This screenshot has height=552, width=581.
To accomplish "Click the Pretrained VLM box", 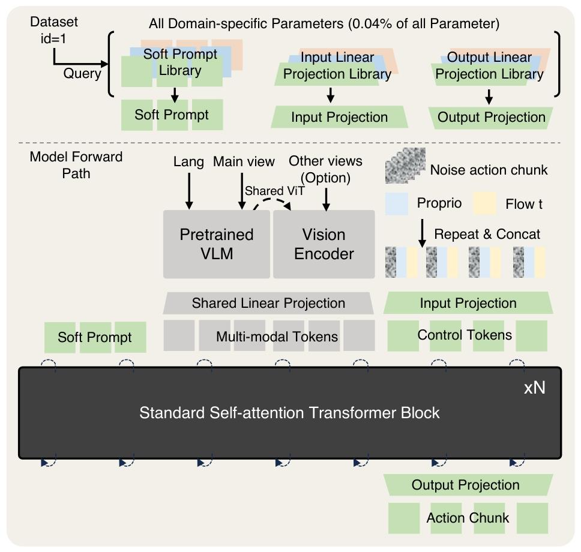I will (217, 244).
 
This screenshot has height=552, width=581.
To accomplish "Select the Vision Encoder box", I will (324, 244).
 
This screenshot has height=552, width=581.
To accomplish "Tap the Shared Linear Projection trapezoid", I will (268, 304).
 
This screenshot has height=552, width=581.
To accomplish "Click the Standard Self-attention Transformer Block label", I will (289, 413).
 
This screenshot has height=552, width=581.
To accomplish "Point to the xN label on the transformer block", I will (534, 388).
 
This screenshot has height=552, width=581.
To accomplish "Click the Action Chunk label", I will (468, 518).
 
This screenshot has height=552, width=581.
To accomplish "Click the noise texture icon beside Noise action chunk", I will (405, 167).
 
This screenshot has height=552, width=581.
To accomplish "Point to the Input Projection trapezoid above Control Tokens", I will (468, 303).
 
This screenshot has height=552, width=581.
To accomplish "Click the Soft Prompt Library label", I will (179, 62).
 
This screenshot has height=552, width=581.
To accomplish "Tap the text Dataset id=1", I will (54, 30).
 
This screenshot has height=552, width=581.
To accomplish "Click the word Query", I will (82, 73).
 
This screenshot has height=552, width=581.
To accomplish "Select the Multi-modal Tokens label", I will (277, 337).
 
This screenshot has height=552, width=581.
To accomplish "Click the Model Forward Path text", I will (76, 164).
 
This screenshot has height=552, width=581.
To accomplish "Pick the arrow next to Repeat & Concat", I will (422, 233).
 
